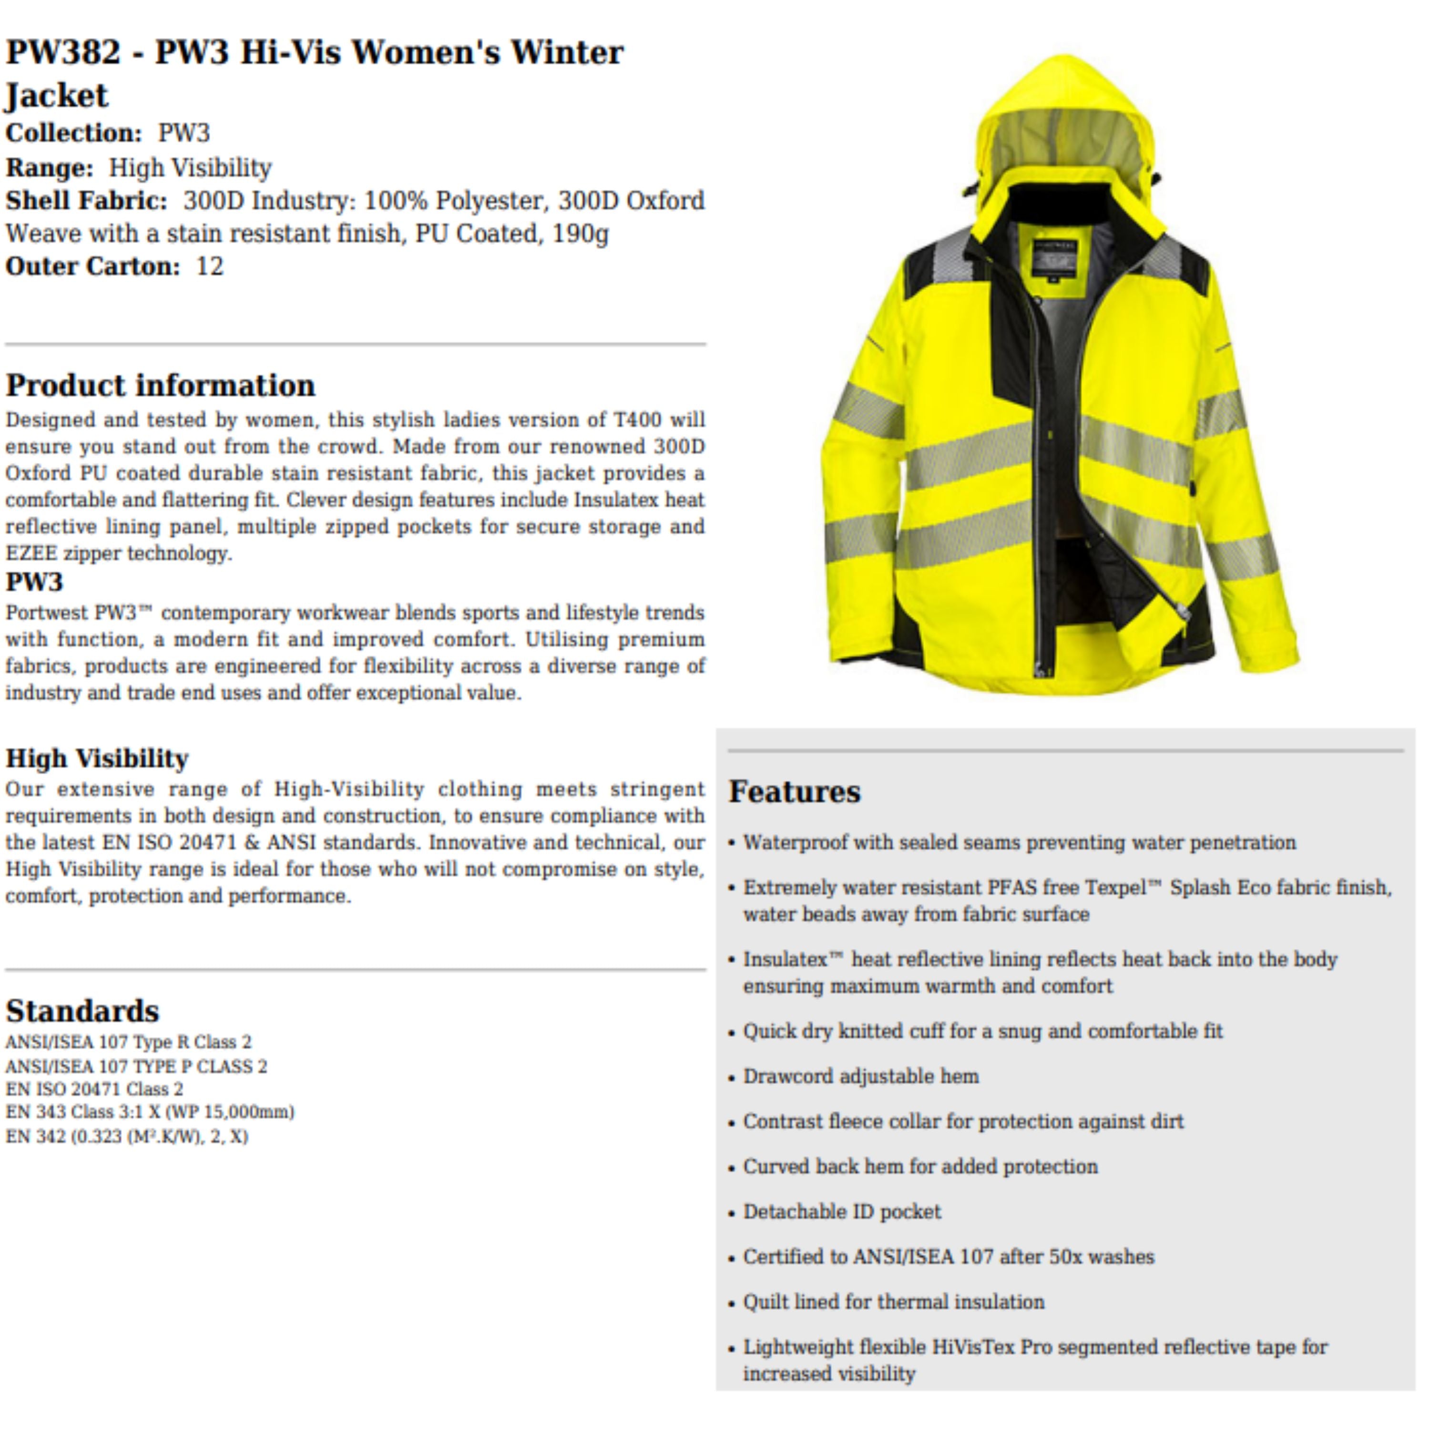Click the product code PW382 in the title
[x=63, y=52]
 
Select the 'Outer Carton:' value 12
[x=209, y=266]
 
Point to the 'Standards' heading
[x=82, y=1011]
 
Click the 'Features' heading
[x=794, y=791]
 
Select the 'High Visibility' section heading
[x=97, y=759]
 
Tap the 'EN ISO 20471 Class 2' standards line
[x=94, y=1089]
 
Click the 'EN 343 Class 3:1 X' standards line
[x=150, y=1112]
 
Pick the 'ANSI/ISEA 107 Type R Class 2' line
[x=128, y=1042]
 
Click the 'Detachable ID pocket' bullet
[x=842, y=1212]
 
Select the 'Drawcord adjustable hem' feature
[x=860, y=1076]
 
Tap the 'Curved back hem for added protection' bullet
[x=920, y=1166]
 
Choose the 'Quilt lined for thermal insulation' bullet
[x=893, y=1302]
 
